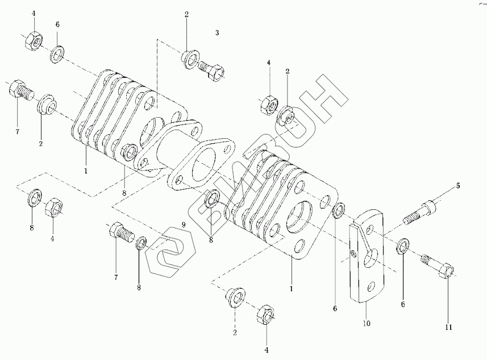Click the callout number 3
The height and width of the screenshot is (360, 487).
click(217, 33)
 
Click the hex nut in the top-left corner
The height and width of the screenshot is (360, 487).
click(33, 40)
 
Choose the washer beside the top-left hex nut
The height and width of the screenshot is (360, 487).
click(59, 55)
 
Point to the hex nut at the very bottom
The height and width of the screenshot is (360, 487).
click(265, 315)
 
